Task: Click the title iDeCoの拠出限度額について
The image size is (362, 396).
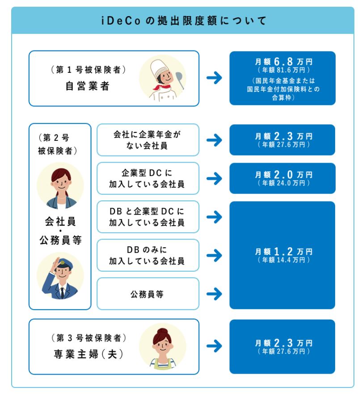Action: pyautogui.click(x=181, y=21)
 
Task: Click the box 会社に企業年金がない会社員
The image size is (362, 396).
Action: pyautogui.click(x=148, y=139)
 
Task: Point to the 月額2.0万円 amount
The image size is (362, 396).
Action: pyautogui.click(x=282, y=174)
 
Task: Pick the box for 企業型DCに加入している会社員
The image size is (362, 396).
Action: pyautogui.click(x=148, y=178)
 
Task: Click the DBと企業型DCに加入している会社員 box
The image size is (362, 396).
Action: pyautogui.click(x=148, y=216)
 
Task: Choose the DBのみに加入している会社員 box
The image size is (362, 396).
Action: pyautogui.click(x=148, y=255)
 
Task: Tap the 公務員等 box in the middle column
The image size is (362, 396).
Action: pyautogui.click(x=148, y=294)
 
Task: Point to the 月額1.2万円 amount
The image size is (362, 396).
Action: pyautogui.click(x=282, y=252)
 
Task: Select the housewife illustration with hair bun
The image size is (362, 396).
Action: pyautogui.click(x=162, y=346)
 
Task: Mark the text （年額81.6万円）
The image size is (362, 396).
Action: pyautogui.click(x=282, y=70)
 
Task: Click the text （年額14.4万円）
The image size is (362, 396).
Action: pyautogui.click(x=282, y=260)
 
